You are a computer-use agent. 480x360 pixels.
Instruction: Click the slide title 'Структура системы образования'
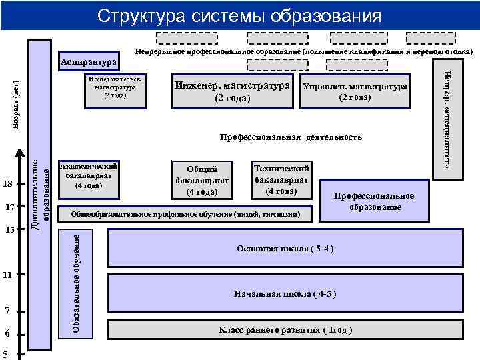[239, 15]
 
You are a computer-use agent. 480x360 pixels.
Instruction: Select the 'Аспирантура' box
[88, 63]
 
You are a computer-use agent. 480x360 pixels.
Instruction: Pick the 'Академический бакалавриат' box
[89, 175]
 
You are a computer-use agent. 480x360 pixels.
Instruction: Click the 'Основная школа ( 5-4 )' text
[285, 249]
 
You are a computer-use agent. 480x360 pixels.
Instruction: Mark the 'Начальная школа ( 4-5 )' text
[285, 293]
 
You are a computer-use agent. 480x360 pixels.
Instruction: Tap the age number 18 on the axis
[7, 183]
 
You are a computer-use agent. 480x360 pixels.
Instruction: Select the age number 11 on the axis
[7, 275]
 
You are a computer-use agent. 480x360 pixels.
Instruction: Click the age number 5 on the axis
[5, 354]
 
